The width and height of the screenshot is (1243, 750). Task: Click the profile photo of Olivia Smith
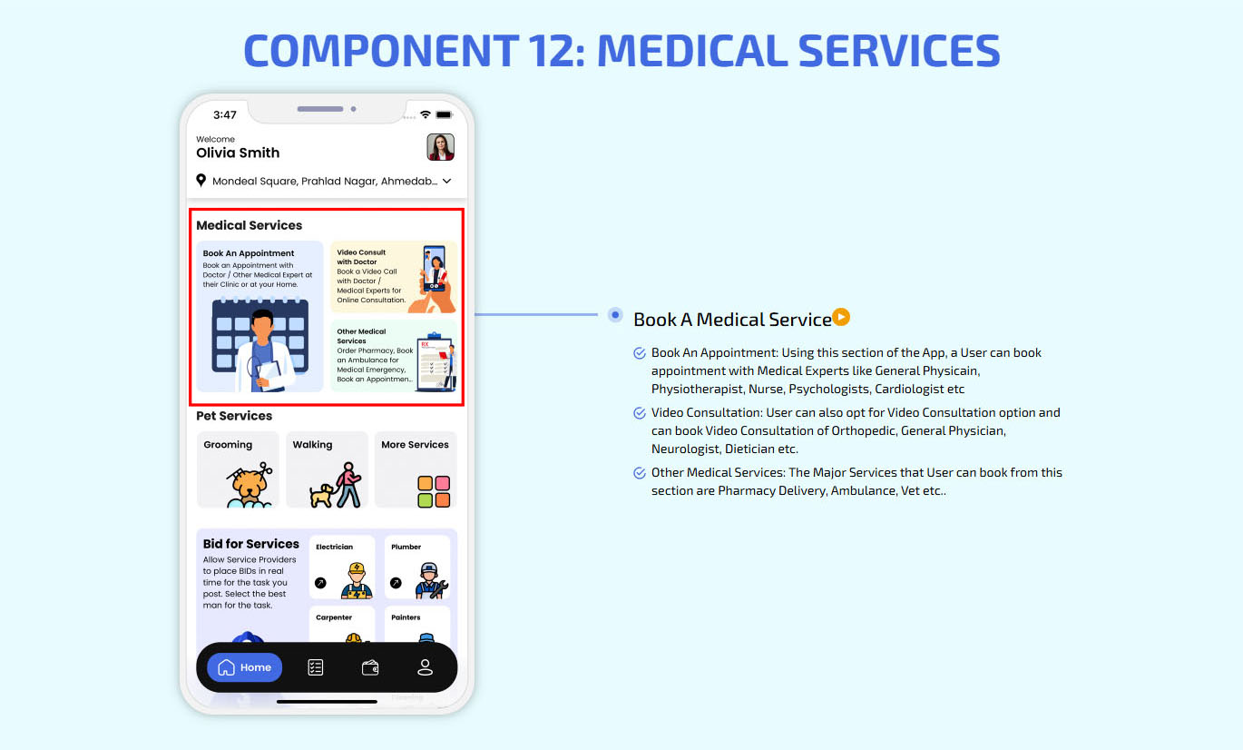pos(440,147)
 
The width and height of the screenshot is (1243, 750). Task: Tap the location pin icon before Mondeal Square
pos(201,181)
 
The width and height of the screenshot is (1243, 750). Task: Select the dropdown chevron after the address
pos(447,182)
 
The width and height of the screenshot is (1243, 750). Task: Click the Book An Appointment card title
pos(249,253)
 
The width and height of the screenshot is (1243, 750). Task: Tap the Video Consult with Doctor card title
pos(361,257)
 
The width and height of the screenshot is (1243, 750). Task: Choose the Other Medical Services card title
pos(361,336)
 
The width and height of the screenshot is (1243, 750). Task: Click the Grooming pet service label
pos(228,445)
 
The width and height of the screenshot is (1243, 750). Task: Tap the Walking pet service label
pos(312,445)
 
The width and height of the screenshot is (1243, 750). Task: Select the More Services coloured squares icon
pos(434,491)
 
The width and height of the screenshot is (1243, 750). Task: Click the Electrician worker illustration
pos(357,580)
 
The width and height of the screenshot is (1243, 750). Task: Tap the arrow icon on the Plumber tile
pos(396,583)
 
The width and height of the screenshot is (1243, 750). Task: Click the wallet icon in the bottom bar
pos(370,667)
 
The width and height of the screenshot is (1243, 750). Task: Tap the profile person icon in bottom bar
pos(425,667)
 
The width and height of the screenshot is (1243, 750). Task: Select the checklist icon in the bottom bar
pos(315,667)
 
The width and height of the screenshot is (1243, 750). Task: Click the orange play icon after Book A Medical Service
pos(841,317)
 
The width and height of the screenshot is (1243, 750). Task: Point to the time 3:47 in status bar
pos(224,115)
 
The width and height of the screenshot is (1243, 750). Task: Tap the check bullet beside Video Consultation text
pos(640,413)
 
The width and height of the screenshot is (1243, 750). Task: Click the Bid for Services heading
pos(250,544)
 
